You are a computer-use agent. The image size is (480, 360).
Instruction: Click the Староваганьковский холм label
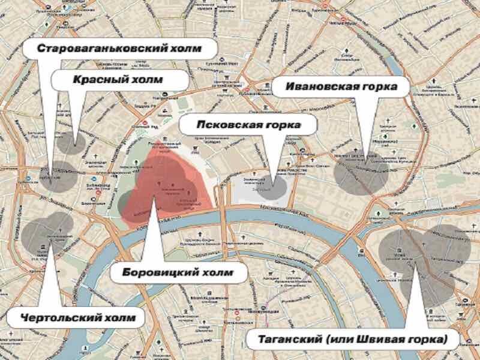point(119,47)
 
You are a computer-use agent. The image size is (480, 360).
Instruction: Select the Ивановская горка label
point(341,87)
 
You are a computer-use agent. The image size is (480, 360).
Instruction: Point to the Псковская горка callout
point(248,125)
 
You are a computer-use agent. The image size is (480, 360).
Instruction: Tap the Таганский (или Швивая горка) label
point(353,339)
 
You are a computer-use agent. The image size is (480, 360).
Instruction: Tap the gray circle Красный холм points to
point(71,141)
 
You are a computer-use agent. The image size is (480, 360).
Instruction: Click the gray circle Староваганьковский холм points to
point(57,176)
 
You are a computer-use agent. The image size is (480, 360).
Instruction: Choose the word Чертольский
point(58,316)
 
